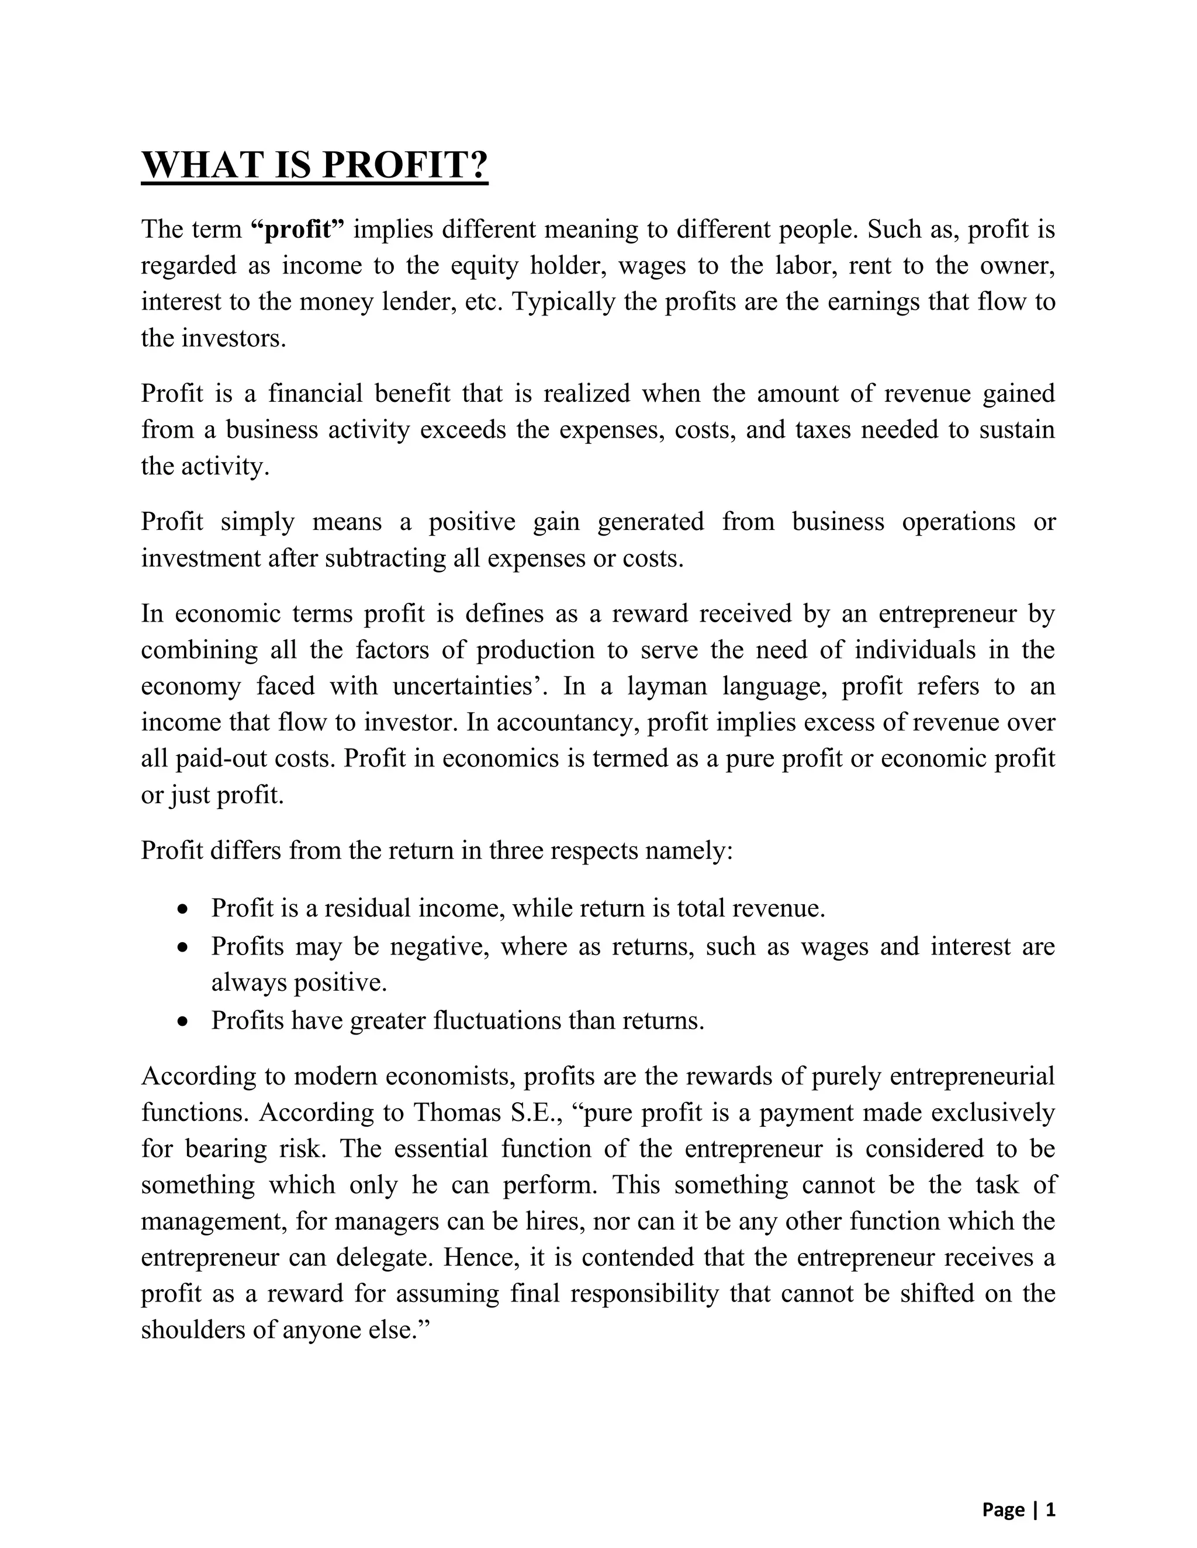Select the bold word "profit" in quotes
click(x=298, y=230)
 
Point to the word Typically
click(x=564, y=302)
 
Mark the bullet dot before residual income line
click(x=184, y=910)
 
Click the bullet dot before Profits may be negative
click(x=184, y=947)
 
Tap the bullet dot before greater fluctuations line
click(x=184, y=1021)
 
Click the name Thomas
click(x=458, y=1113)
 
